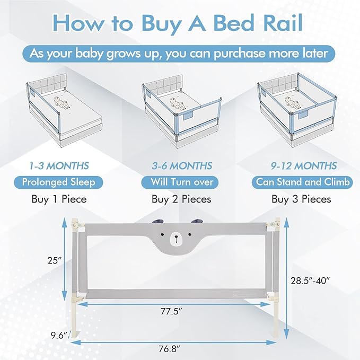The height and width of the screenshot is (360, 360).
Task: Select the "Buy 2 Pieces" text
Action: click(x=181, y=199)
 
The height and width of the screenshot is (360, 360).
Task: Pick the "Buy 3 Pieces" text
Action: click(x=301, y=199)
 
